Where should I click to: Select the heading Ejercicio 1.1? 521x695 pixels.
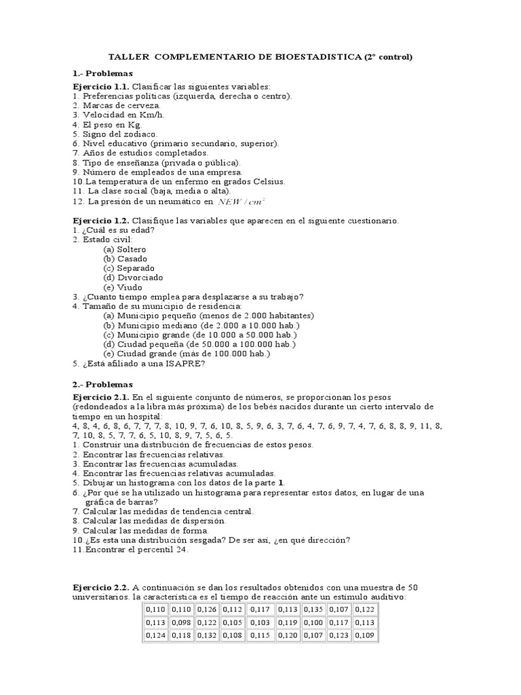(x=100, y=87)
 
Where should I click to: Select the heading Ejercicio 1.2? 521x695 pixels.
(x=100, y=221)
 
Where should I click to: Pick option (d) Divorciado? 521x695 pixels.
(x=133, y=278)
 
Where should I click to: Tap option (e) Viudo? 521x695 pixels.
(x=123, y=287)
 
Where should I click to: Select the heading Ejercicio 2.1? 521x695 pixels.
(x=100, y=396)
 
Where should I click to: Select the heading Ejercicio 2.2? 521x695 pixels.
(x=100, y=587)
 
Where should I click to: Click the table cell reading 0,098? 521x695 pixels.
(x=181, y=622)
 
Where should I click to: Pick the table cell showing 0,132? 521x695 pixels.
(x=208, y=636)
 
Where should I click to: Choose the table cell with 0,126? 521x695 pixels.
(x=208, y=609)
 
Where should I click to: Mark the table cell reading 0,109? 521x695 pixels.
(x=365, y=636)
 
